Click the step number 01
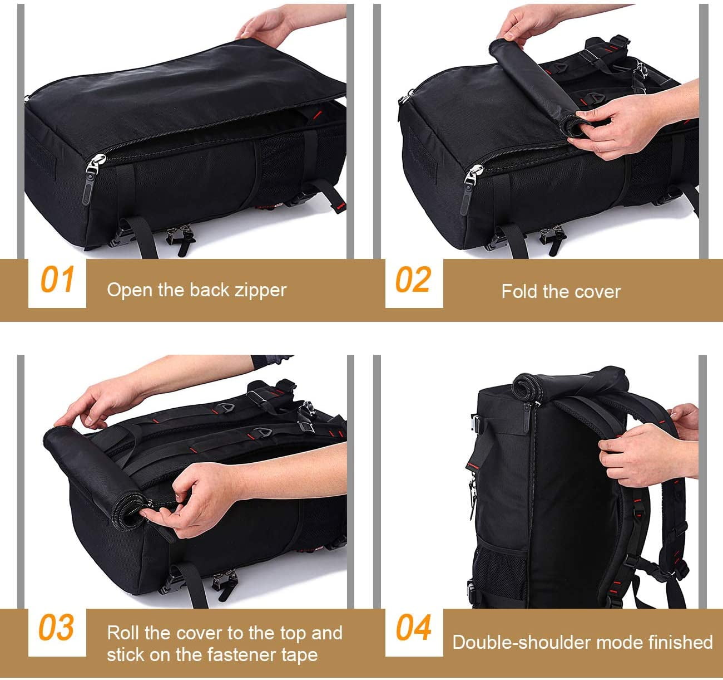57,280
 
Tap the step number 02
413,280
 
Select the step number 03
56,628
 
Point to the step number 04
413,628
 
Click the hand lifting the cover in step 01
267,25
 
